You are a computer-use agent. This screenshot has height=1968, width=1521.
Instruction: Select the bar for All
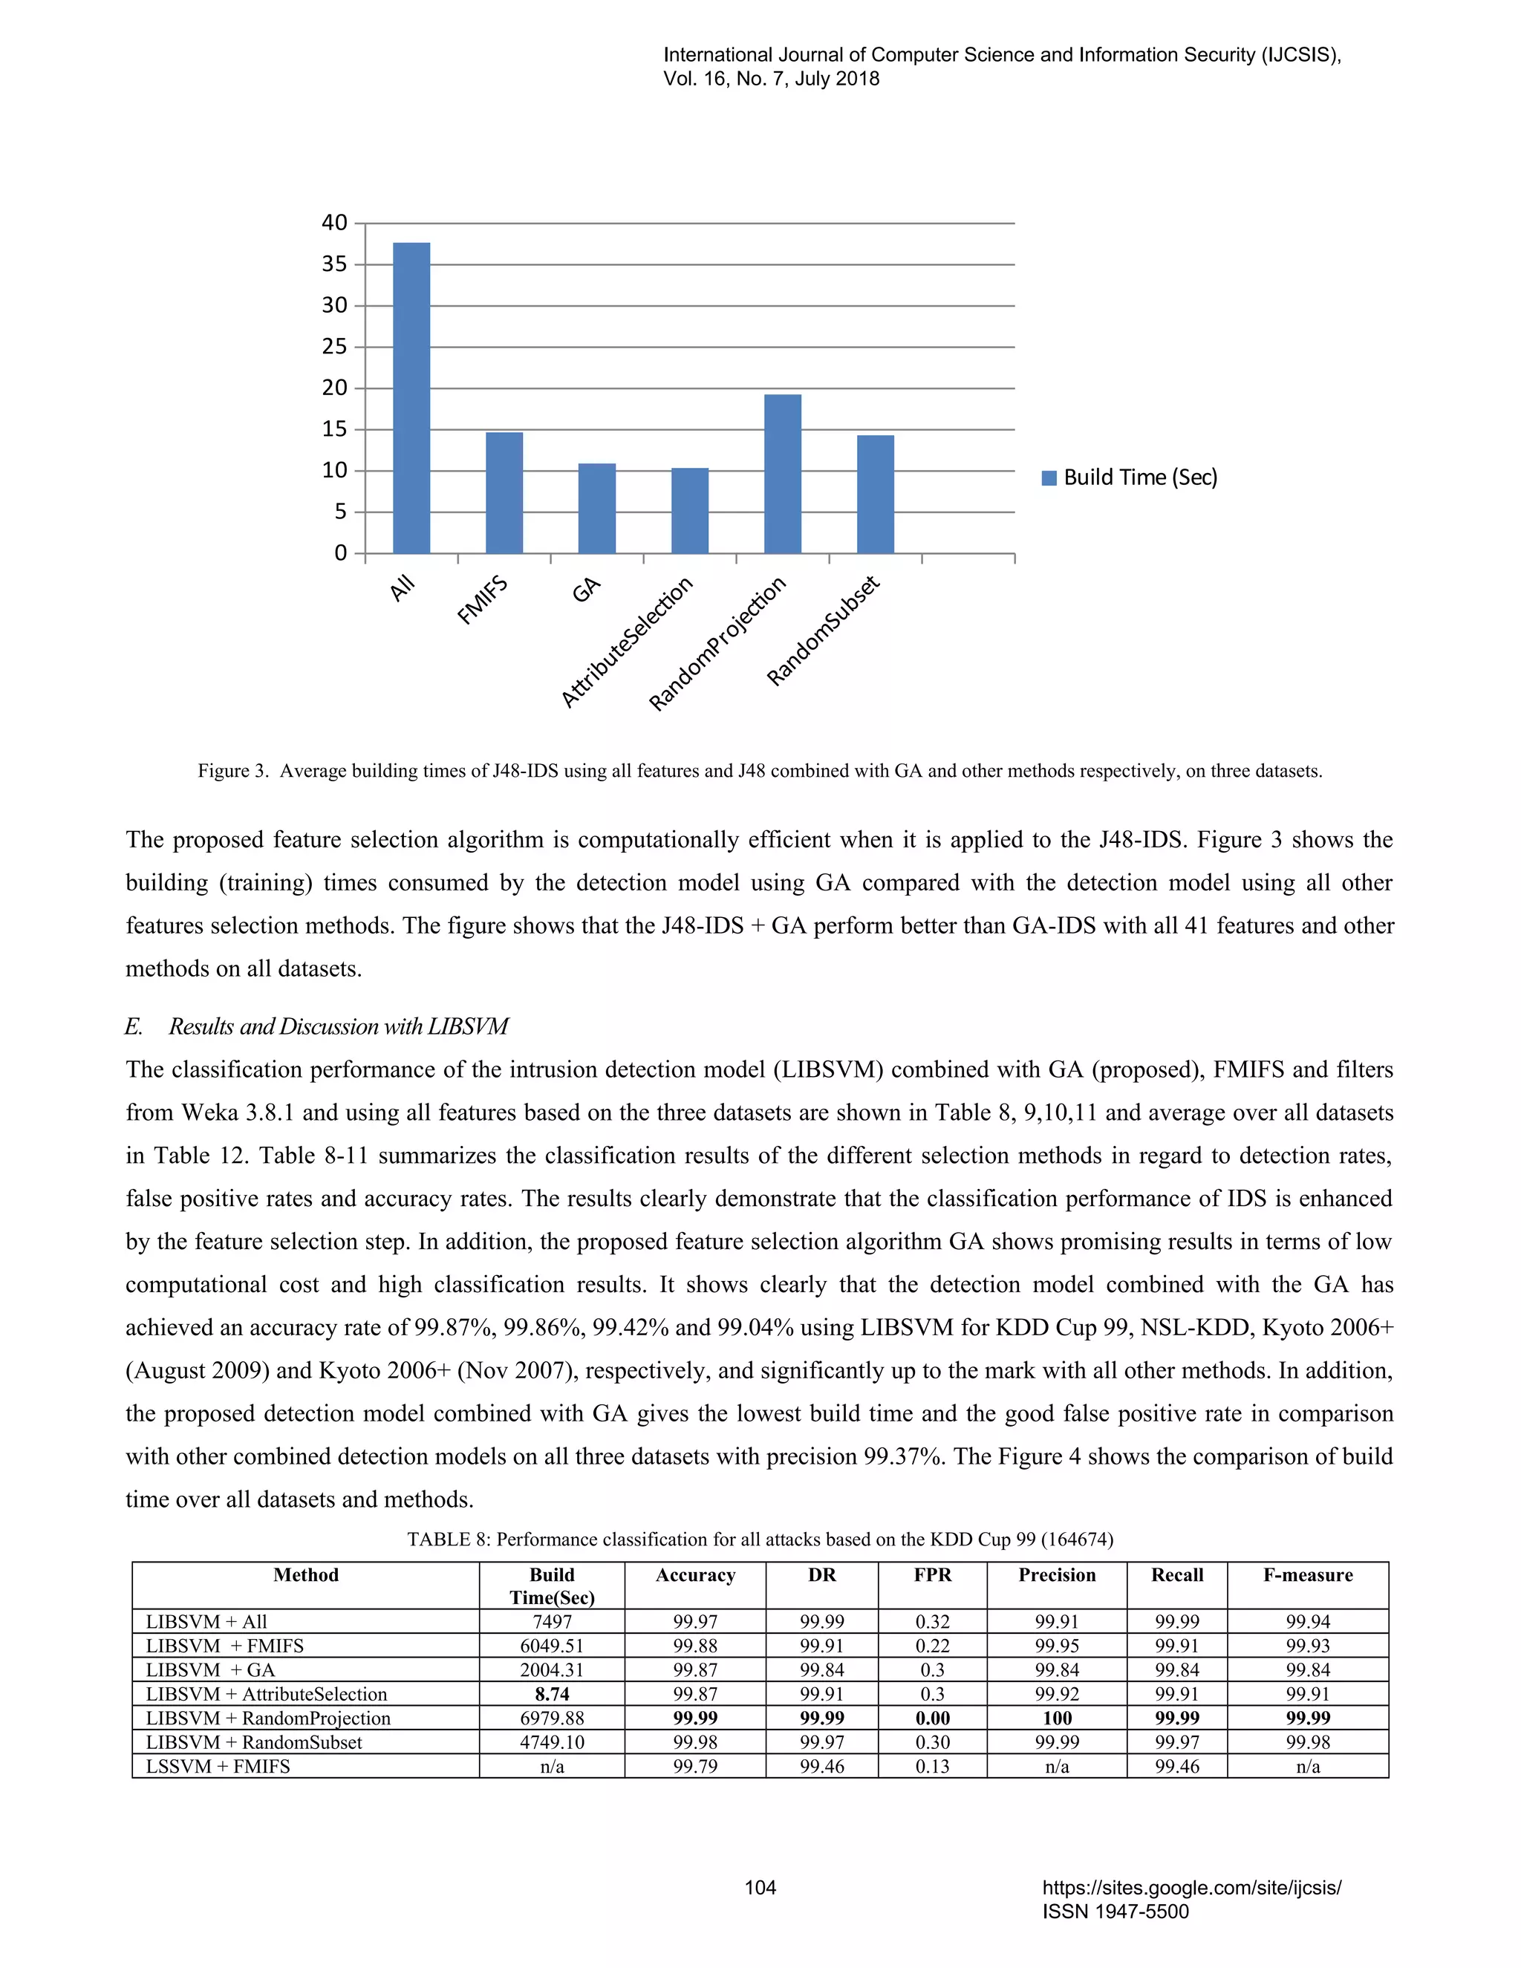[x=411, y=397]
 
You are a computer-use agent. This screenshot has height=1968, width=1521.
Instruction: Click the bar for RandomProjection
[x=782, y=474]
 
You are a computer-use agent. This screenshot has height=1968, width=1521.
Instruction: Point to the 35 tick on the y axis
[x=334, y=264]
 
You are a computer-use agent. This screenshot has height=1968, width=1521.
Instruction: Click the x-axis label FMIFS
[x=483, y=601]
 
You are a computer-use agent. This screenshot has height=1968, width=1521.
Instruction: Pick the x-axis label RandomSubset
[x=823, y=630]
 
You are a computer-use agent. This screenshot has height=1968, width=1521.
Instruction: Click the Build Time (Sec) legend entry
[x=1129, y=478]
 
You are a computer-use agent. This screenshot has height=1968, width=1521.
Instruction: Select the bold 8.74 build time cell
[x=552, y=1694]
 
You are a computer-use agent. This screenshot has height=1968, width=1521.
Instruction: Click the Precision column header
[x=1057, y=1575]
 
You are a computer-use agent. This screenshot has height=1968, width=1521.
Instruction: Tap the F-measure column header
[x=1307, y=1575]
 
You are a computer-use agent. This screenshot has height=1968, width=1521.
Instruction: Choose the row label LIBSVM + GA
[x=211, y=1669]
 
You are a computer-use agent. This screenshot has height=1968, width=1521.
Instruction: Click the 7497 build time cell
[x=552, y=1621]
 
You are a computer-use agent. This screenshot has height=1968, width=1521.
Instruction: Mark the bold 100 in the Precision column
[x=1057, y=1718]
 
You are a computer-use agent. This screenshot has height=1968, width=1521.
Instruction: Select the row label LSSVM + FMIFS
[x=218, y=1766]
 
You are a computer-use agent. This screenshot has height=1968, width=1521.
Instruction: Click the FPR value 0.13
[x=932, y=1766]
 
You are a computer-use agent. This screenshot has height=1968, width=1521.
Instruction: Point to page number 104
[x=760, y=1887]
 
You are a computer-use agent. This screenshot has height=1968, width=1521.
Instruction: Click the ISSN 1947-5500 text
[x=1115, y=1912]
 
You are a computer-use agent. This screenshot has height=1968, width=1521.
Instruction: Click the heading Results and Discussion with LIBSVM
[x=338, y=1026]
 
